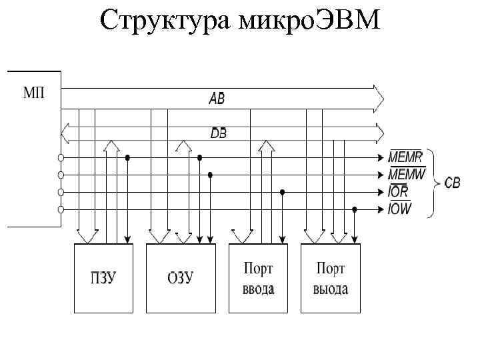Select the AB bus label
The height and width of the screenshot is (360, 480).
pos(217,99)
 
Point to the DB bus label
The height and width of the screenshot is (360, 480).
pos(218,133)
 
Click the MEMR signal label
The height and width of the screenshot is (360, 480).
pos(405,158)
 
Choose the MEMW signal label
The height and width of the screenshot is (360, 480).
pos(406,175)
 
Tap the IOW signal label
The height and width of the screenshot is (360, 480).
pos(400,209)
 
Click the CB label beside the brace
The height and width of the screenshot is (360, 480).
pos(452,183)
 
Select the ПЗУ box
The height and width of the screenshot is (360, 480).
pos(103,278)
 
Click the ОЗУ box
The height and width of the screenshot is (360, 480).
pos(180,278)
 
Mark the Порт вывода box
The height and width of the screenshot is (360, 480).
pos(331,278)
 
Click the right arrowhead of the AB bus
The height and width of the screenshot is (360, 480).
pos(379,98)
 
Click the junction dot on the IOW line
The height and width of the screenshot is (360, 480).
pos(355,209)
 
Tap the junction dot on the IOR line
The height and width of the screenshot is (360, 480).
pos(282,192)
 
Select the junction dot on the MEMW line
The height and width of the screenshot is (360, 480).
pos(211,175)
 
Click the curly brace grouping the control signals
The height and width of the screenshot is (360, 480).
pos(434,183)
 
